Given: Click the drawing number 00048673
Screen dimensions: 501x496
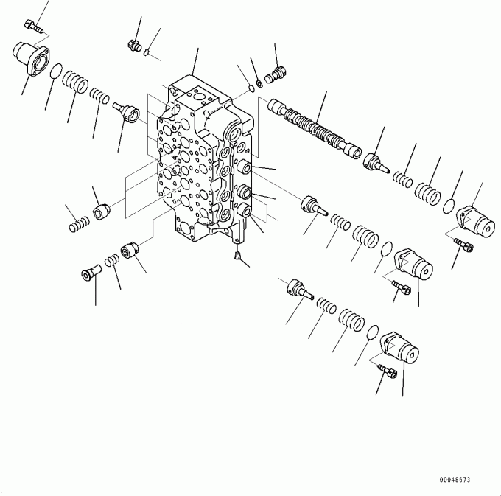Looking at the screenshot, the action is pos(455,479).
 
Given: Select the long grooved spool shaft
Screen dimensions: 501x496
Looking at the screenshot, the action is pos(315,128).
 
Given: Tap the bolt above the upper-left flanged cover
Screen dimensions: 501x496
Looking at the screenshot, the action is pos(34,27).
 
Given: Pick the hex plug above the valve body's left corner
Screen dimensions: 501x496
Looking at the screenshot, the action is pos(135,46).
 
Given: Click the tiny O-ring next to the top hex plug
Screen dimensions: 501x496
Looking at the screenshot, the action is pos(147,52).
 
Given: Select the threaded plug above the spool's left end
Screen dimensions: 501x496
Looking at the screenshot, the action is pos(276,75).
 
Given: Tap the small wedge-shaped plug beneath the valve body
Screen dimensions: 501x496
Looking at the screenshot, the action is pos(238,256).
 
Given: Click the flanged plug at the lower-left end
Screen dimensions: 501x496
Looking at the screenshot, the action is pos(91,273).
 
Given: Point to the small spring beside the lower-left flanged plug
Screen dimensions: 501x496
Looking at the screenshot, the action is pos(112,260).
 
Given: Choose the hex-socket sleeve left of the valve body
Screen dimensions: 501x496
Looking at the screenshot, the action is pos(102,212).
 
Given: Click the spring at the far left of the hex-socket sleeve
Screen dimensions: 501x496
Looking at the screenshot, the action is pos(79,224).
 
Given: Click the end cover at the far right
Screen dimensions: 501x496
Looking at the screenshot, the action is pos(476,222).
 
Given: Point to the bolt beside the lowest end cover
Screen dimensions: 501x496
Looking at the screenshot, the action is pos(388,371).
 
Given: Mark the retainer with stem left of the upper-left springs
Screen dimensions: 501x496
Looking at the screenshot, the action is pos(126,113).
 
